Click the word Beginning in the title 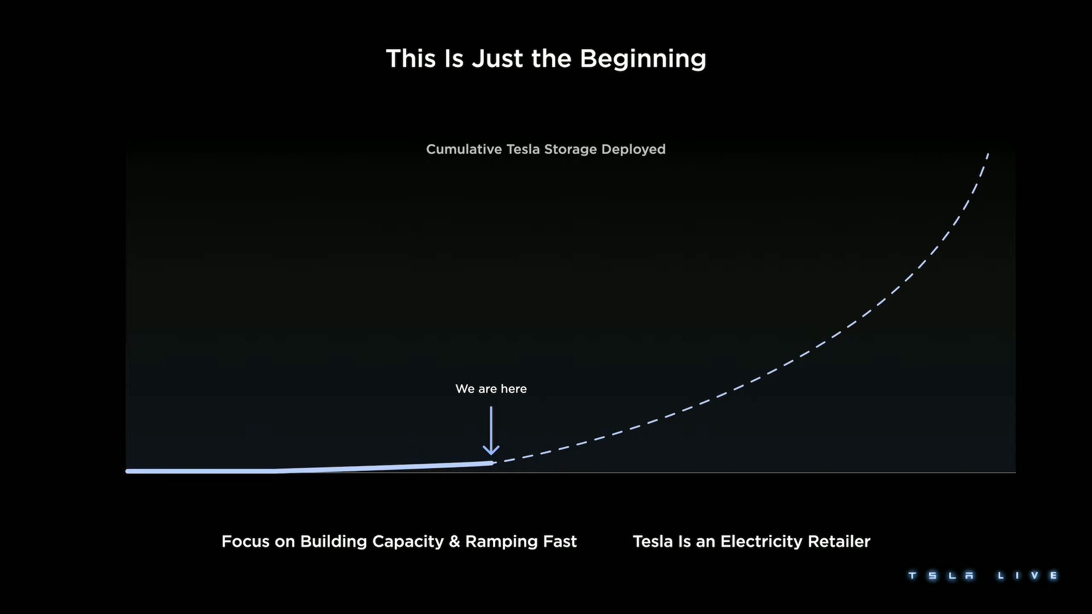pos(643,59)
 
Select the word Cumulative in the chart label pos(464,149)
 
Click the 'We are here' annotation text pos(491,389)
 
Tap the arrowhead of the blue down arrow pos(491,450)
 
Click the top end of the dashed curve pos(988,153)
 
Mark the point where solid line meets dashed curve pos(493,463)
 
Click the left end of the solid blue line pos(128,471)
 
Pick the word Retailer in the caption pos(839,541)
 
